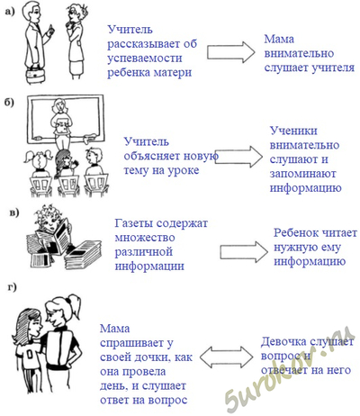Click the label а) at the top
click(x=9, y=12)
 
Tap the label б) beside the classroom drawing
click(x=9, y=102)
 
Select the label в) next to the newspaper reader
click(x=14, y=213)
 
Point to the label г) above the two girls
click(x=13, y=287)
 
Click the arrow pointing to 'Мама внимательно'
click(x=231, y=52)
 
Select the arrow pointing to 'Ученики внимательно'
click(x=238, y=157)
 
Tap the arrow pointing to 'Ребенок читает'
click(x=244, y=251)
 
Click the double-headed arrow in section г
click(x=226, y=357)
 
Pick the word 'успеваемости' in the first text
click(x=145, y=58)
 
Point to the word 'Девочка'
click(x=283, y=341)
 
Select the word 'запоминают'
click(x=302, y=174)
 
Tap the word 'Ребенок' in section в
click(x=296, y=233)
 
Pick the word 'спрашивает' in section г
click(x=137, y=343)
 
